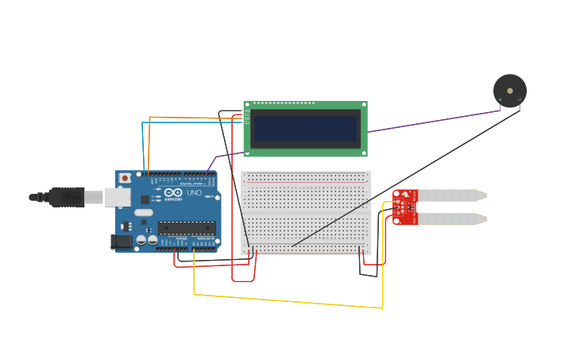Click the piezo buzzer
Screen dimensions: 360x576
(x=509, y=91)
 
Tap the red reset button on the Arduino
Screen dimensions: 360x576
(x=125, y=179)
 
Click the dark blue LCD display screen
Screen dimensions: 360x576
(x=305, y=129)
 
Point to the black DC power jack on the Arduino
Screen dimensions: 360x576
(x=122, y=242)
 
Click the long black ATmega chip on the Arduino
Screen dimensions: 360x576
(x=186, y=227)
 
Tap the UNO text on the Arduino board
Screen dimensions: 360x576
(x=193, y=193)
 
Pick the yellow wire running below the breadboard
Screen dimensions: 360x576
(x=286, y=301)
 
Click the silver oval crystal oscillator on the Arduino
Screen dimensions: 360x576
(x=143, y=212)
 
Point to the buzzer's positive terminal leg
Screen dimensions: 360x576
(x=501, y=104)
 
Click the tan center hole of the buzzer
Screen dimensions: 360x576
(x=510, y=91)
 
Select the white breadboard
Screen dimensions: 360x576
(x=306, y=212)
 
